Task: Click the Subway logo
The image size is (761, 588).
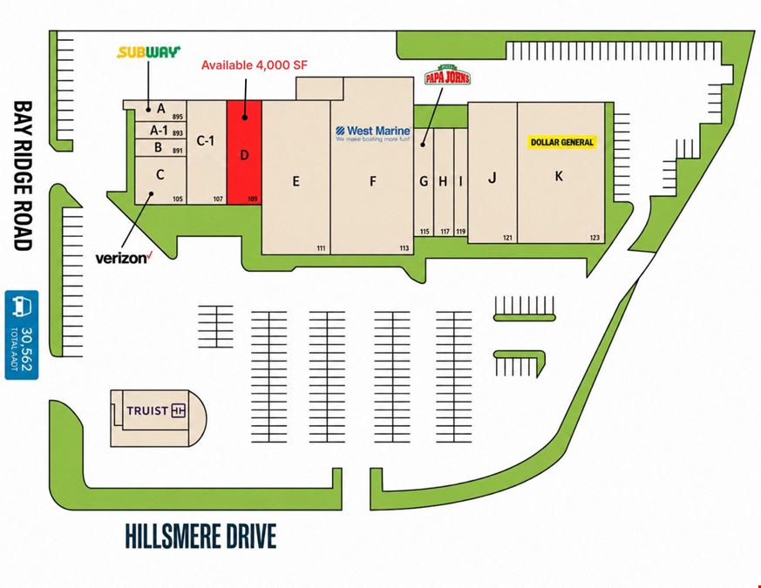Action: tap(148, 52)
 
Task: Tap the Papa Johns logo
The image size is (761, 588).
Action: tap(447, 75)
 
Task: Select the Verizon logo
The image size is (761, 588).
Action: tap(125, 258)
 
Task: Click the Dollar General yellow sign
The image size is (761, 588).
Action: tap(562, 142)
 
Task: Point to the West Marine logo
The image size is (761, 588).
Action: tap(373, 133)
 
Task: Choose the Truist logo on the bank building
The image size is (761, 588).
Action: tap(156, 411)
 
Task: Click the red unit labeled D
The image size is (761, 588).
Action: tap(245, 152)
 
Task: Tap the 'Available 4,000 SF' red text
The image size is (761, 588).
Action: tap(255, 65)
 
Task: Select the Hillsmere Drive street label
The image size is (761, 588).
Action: tap(200, 536)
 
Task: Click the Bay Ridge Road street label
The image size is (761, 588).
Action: tap(23, 175)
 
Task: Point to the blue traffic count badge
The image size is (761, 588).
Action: tap(22, 335)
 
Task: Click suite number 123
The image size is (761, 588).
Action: tap(595, 238)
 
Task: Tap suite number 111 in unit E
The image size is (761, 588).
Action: tap(321, 248)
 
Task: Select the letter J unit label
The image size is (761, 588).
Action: tap(493, 178)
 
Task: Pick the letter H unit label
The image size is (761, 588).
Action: tap(443, 181)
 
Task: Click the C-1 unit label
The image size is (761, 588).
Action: tap(206, 141)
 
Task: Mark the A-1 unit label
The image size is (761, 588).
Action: tap(159, 130)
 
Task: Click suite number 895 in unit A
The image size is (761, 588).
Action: tap(177, 117)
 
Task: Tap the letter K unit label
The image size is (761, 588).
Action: tap(559, 176)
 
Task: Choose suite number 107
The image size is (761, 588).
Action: tap(218, 199)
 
